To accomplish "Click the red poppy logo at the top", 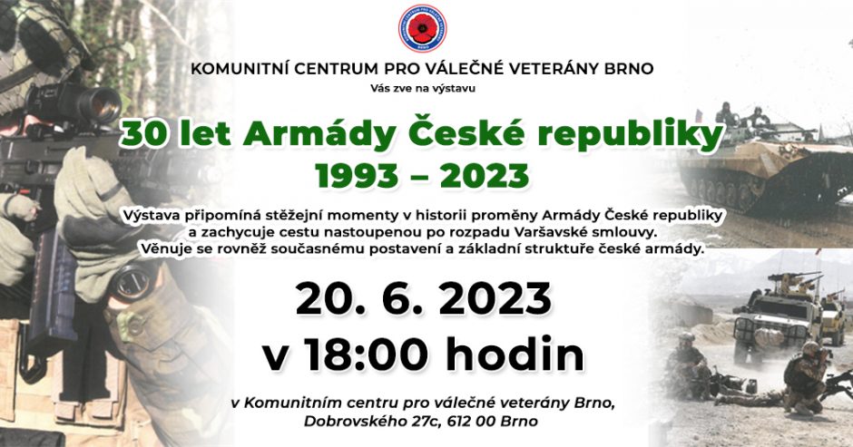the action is (422, 28).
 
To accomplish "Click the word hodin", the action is (515, 355).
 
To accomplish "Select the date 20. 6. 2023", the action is (424, 299).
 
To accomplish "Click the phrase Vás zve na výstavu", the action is (423, 88).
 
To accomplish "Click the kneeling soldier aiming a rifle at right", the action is (806, 378).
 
